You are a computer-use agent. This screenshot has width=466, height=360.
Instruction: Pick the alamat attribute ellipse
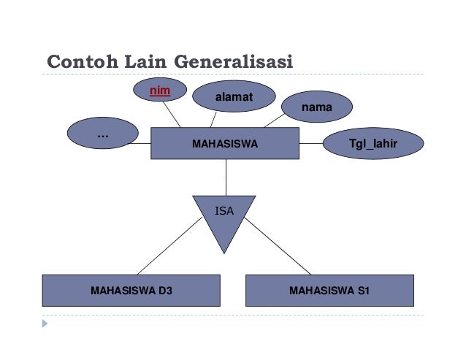click(232, 97)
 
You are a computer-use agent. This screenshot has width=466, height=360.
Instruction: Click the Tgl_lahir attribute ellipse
click(373, 144)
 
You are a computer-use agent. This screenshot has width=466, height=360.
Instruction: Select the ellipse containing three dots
click(102, 134)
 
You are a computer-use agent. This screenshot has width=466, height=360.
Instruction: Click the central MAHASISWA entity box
click(224, 144)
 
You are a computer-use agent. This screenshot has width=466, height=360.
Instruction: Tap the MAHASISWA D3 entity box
click(131, 290)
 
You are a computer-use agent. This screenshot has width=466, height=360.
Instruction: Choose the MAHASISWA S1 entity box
click(329, 290)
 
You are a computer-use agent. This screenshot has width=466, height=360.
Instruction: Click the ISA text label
click(224, 210)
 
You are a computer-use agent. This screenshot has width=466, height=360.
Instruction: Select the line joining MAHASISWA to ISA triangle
click(225, 177)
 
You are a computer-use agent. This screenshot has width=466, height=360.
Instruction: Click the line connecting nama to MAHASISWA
click(273, 121)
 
